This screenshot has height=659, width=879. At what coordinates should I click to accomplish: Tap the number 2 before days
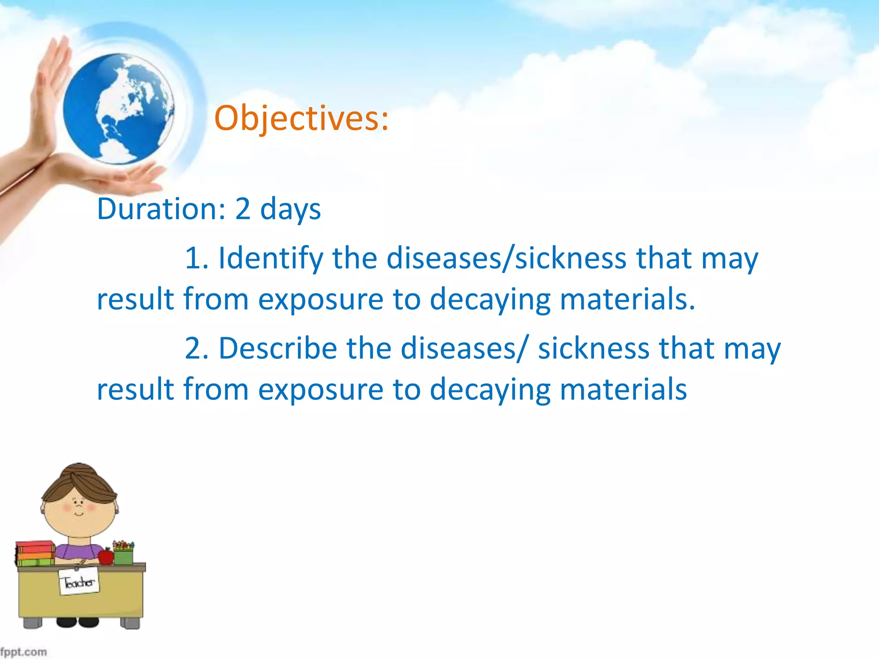pyautogui.click(x=242, y=209)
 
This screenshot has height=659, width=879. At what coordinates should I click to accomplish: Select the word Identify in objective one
pyautogui.click(x=270, y=259)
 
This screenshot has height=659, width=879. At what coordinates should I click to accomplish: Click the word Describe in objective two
pyautogui.click(x=278, y=348)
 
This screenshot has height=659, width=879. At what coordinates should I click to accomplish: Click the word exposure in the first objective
pyautogui.click(x=321, y=299)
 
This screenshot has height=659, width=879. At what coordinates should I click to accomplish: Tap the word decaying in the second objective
pyautogui.click(x=490, y=390)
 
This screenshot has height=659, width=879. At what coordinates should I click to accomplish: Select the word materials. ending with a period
pyautogui.click(x=627, y=299)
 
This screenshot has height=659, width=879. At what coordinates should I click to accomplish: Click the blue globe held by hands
pyautogui.click(x=118, y=109)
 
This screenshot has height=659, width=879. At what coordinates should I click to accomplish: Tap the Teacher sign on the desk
pyautogui.click(x=79, y=582)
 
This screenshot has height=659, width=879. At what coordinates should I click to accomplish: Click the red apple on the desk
pyautogui.click(x=106, y=556)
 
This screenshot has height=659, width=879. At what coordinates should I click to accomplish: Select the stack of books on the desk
pyautogui.click(x=35, y=553)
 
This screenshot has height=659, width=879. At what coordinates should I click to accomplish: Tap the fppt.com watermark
pyautogui.click(x=23, y=652)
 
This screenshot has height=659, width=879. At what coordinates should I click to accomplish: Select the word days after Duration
pyautogui.click(x=290, y=209)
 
